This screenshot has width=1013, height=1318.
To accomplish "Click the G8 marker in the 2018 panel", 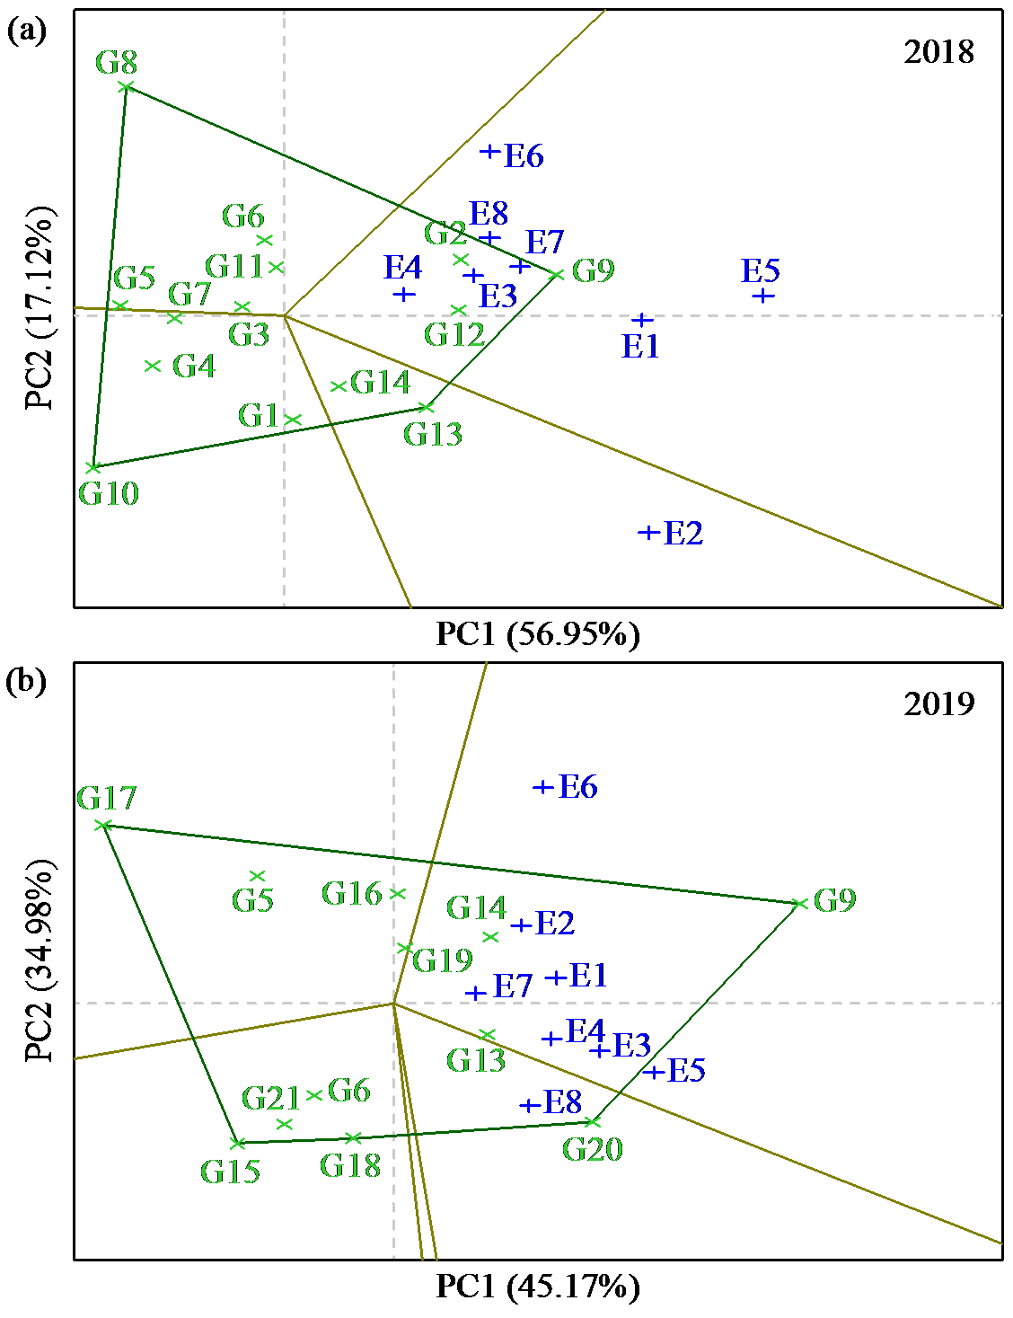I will tap(127, 87).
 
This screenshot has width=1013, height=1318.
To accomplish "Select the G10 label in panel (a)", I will tap(109, 493).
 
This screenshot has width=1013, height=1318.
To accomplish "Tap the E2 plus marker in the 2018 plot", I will tap(647, 533).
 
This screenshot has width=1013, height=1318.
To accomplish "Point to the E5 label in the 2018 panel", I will tap(761, 270).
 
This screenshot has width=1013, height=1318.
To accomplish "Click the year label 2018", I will tap(938, 52).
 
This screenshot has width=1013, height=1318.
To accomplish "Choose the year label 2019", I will tap(938, 703).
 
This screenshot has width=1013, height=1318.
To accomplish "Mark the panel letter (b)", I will tap(26, 682).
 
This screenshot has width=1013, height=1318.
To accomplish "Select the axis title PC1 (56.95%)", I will tap(538, 634).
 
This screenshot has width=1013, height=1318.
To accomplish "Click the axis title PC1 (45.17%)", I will tap(538, 1287).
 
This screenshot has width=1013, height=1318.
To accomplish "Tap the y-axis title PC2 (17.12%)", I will tap(40, 307).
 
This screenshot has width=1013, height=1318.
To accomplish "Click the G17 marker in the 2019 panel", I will tap(104, 825).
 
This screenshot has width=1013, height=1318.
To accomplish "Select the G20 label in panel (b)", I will tap(593, 1149).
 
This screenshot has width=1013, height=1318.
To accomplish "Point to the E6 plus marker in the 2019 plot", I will tap(542, 787).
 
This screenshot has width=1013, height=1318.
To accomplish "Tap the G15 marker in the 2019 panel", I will tap(238, 1144).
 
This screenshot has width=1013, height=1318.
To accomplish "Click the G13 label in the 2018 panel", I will tap(433, 434).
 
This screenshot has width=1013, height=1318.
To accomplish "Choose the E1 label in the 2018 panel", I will tap(640, 346).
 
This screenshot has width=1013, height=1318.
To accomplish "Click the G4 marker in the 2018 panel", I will tap(153, 366).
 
